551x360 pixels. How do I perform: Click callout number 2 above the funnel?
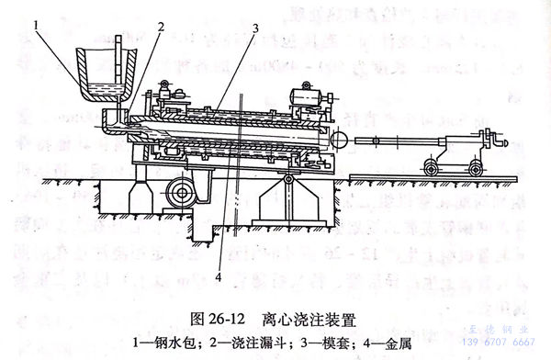(159, 27)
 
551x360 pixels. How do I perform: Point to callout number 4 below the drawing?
(219, 273)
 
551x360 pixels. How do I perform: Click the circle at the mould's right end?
(338, 139)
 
